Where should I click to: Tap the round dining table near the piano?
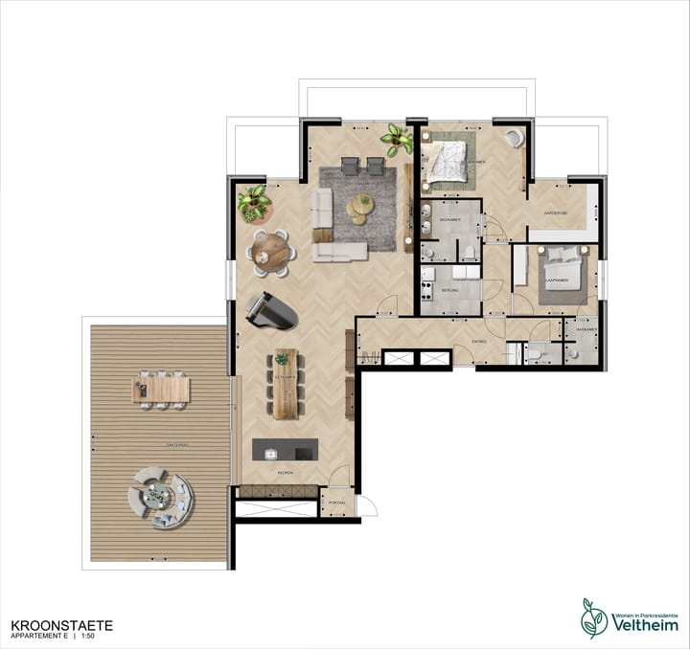click(271, 251)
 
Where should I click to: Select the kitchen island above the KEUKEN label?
click(285, 450)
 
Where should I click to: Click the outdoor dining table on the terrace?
click(161, 390)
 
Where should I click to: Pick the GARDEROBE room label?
click(557, 213)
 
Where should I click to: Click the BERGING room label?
click(449, 288)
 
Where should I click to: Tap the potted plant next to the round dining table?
click(254, 202)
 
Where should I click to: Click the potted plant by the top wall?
click(396, 139)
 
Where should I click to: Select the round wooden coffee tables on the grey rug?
click(361, 207)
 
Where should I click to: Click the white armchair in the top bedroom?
click(515, 138)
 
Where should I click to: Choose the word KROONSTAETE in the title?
click(61, 625)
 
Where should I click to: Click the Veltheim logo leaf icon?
click(594, 618)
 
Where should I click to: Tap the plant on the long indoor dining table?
click(282, 359)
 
